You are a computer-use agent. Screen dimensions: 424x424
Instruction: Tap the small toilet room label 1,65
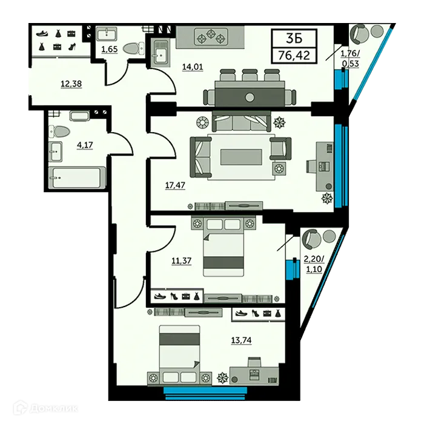coord(109,49)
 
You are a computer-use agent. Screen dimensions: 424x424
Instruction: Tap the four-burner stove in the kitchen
coord(211,36)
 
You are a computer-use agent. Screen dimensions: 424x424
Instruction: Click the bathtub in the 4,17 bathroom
coord(75,177)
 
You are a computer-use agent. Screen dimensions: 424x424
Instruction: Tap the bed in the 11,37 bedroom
coord(222,248)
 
